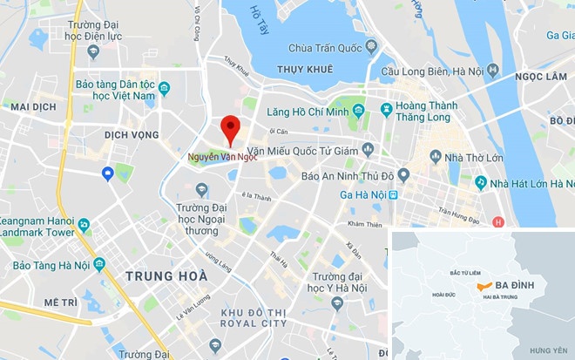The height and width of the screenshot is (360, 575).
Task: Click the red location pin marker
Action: pos(230,129)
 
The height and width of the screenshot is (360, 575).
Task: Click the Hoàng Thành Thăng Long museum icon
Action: pos(386,108)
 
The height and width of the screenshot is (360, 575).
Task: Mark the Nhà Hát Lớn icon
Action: pos(480,183)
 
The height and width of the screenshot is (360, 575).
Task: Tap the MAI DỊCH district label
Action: pos(33,105)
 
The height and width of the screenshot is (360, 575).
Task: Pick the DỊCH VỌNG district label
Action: pos(132,135)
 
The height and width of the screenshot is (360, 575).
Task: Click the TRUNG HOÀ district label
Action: pos(166,275)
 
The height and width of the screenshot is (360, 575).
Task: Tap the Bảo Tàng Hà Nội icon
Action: pos(99,264)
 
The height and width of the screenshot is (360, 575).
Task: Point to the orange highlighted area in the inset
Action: pos(483,286)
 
